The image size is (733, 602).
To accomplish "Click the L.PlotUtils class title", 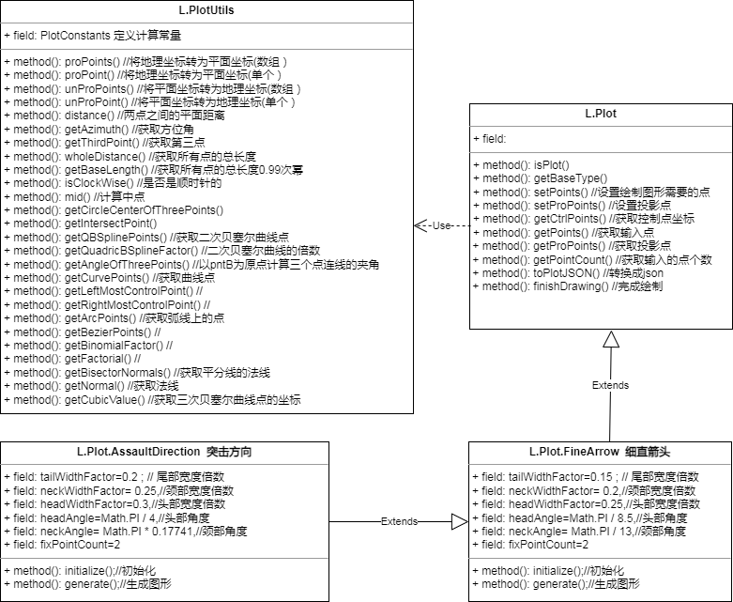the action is click(206, 10).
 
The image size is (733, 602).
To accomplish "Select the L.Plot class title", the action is click(601, 114).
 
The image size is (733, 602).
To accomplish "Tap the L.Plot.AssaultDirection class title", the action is click(164, 452).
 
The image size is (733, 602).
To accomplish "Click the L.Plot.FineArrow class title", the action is click(600, 452).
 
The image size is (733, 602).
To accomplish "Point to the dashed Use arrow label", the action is click(441, 226).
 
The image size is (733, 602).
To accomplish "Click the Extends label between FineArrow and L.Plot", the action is click(610, 385).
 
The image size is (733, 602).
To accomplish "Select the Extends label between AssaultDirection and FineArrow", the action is click(399, 521).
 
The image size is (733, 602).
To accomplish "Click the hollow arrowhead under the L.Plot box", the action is click(611, 339).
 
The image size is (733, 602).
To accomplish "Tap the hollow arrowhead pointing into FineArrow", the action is click(460, 521).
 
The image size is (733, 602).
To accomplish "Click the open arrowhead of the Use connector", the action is click(419, 226).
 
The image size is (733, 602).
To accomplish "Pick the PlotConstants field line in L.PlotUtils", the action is click(93, 36).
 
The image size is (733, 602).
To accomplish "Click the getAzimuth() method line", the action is click(99, 129).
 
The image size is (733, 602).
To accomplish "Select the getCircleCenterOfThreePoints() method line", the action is click(114, 210).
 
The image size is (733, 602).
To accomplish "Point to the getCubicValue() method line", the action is click(152, 400).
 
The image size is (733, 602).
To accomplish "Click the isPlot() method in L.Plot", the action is click(521, 165).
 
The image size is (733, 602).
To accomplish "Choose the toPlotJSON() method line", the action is click(568, 273).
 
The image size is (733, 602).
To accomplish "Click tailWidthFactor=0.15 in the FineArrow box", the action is click(586, 477).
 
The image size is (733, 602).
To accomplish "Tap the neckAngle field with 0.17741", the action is click(126, 532).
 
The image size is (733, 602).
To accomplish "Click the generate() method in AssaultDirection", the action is click(88, 584).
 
